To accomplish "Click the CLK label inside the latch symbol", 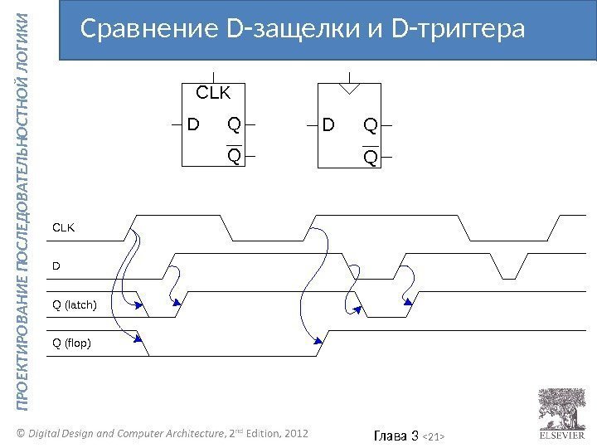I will tap(212, 93).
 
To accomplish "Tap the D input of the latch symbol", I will tap(193, 126).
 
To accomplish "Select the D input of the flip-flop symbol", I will tap(329, 126).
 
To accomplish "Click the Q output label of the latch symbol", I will tap(234, 126).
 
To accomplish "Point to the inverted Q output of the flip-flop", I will tap(370, 156).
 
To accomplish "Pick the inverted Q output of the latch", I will tap(235, 156).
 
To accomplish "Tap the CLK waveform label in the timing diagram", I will tap(64, 225).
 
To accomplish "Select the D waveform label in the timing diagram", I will tap(56, 266).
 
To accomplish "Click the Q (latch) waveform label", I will tap(75, 305).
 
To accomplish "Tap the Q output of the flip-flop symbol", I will tap(370, 126).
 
